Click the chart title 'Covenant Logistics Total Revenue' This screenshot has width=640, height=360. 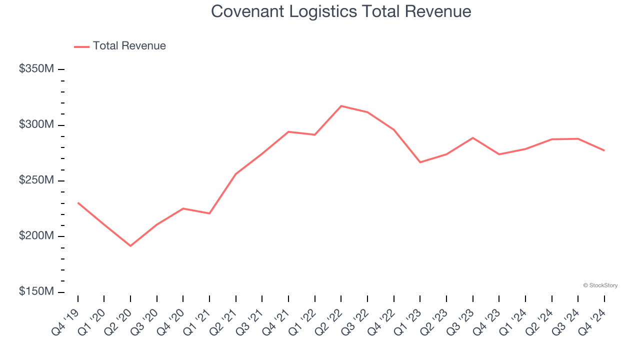341,11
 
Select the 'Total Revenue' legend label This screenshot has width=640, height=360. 129,46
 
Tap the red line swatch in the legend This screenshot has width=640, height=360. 81,46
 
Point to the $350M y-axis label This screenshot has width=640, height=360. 36,69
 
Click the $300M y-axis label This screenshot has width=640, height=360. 36,124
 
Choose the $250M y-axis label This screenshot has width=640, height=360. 36,180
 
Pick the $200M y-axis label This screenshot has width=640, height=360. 36,236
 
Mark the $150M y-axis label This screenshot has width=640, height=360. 36,291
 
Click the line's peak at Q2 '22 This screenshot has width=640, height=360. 341,106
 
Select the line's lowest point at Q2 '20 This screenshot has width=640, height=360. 130,246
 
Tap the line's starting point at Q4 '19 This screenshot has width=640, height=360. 78,202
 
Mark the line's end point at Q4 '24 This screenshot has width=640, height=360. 604,150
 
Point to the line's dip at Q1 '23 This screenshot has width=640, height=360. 420,162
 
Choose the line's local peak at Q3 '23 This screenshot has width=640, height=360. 472,137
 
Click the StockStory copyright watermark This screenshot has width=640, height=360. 600,285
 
